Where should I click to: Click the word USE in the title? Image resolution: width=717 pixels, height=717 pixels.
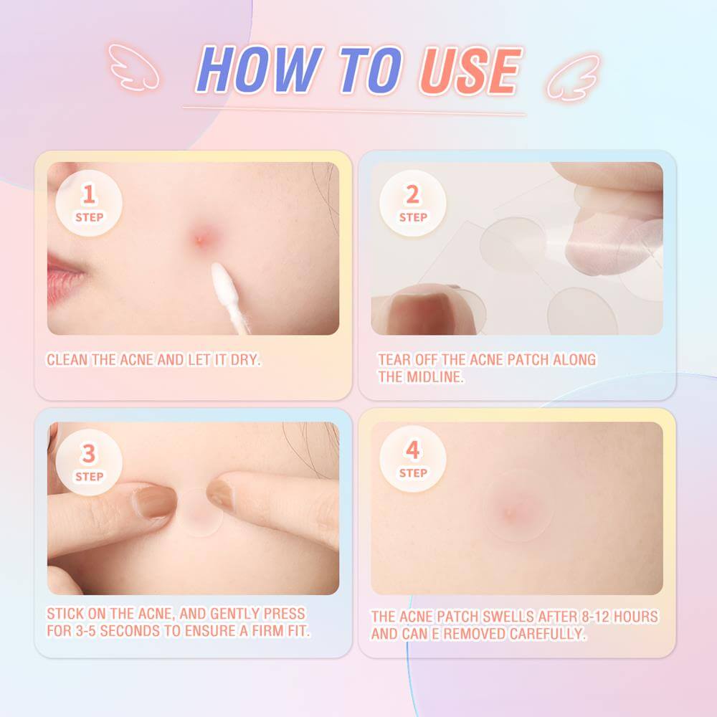pos(471,70)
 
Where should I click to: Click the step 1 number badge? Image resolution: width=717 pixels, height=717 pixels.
pos(89,203)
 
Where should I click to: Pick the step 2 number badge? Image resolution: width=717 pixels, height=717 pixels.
pos(412,203)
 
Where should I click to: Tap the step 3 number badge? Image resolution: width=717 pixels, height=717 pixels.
pos(89,462)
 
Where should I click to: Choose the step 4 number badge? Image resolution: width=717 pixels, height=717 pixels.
pos(412,459)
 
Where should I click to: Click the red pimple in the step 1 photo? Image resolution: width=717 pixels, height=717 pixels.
pos(200,239)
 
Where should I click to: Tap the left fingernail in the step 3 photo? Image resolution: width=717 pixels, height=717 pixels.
pos(155,502)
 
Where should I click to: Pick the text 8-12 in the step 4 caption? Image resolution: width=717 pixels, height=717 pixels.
pos(595,617)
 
